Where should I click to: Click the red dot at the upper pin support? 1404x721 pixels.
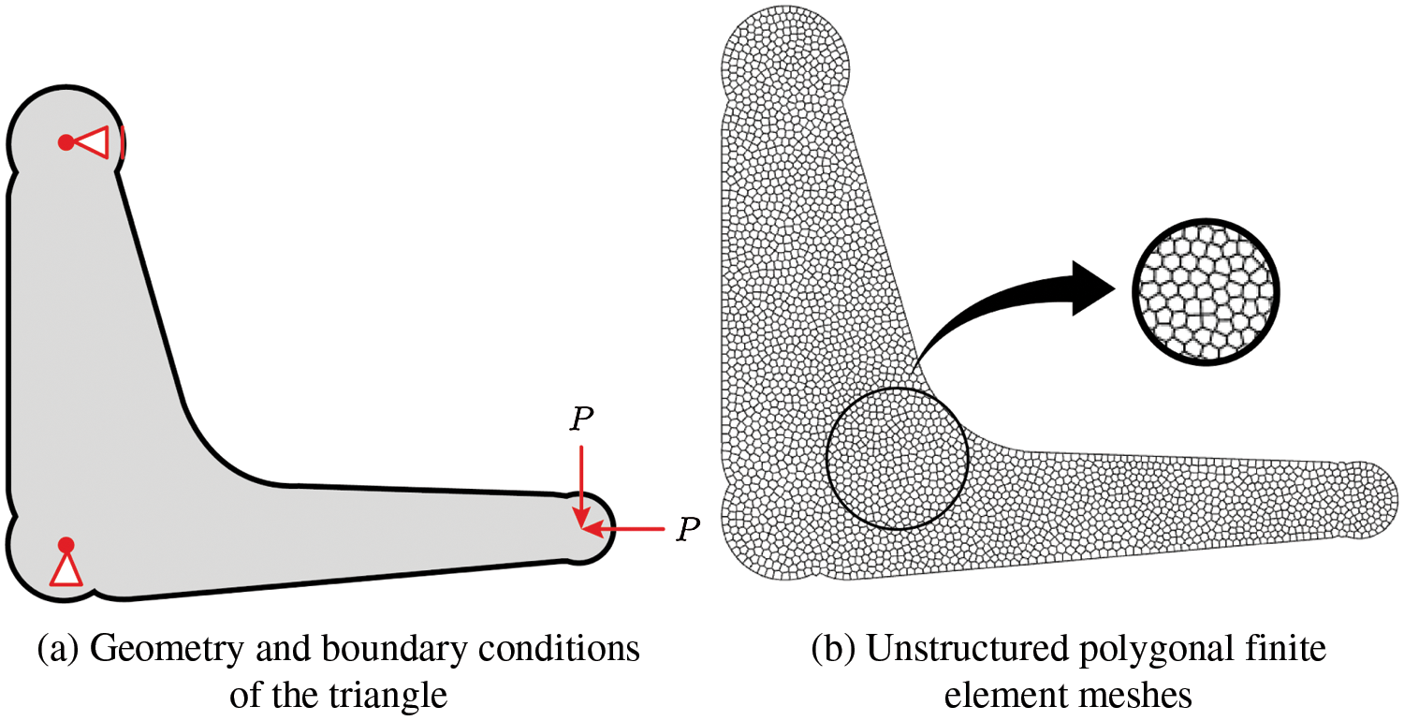tap(66, 142)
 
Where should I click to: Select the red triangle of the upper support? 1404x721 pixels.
tap(94, 142)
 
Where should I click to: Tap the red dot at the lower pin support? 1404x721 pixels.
tap(66, 544)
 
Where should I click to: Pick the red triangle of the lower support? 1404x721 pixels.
tap(66, 569)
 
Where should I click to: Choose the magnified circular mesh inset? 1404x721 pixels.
tap(1206, 291)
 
